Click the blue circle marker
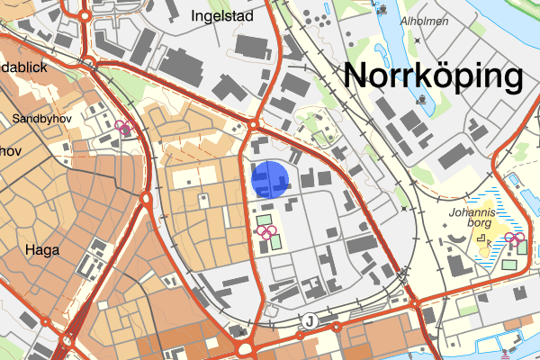269,179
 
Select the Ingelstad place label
222,15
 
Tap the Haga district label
42,250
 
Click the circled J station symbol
309,320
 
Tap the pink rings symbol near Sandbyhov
124,128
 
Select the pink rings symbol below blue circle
266,231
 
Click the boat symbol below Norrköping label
422,99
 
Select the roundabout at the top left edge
85,15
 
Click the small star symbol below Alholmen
418,40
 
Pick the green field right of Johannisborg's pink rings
509,264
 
